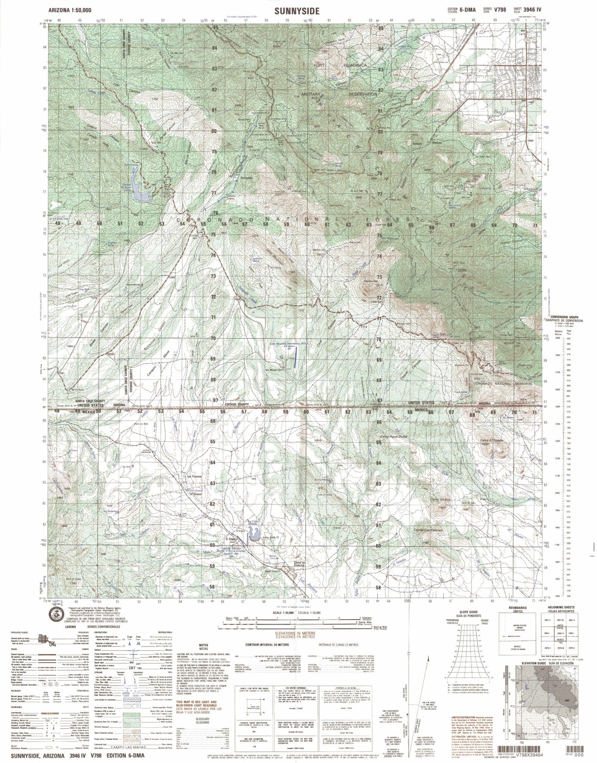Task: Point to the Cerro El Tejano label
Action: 492,441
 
